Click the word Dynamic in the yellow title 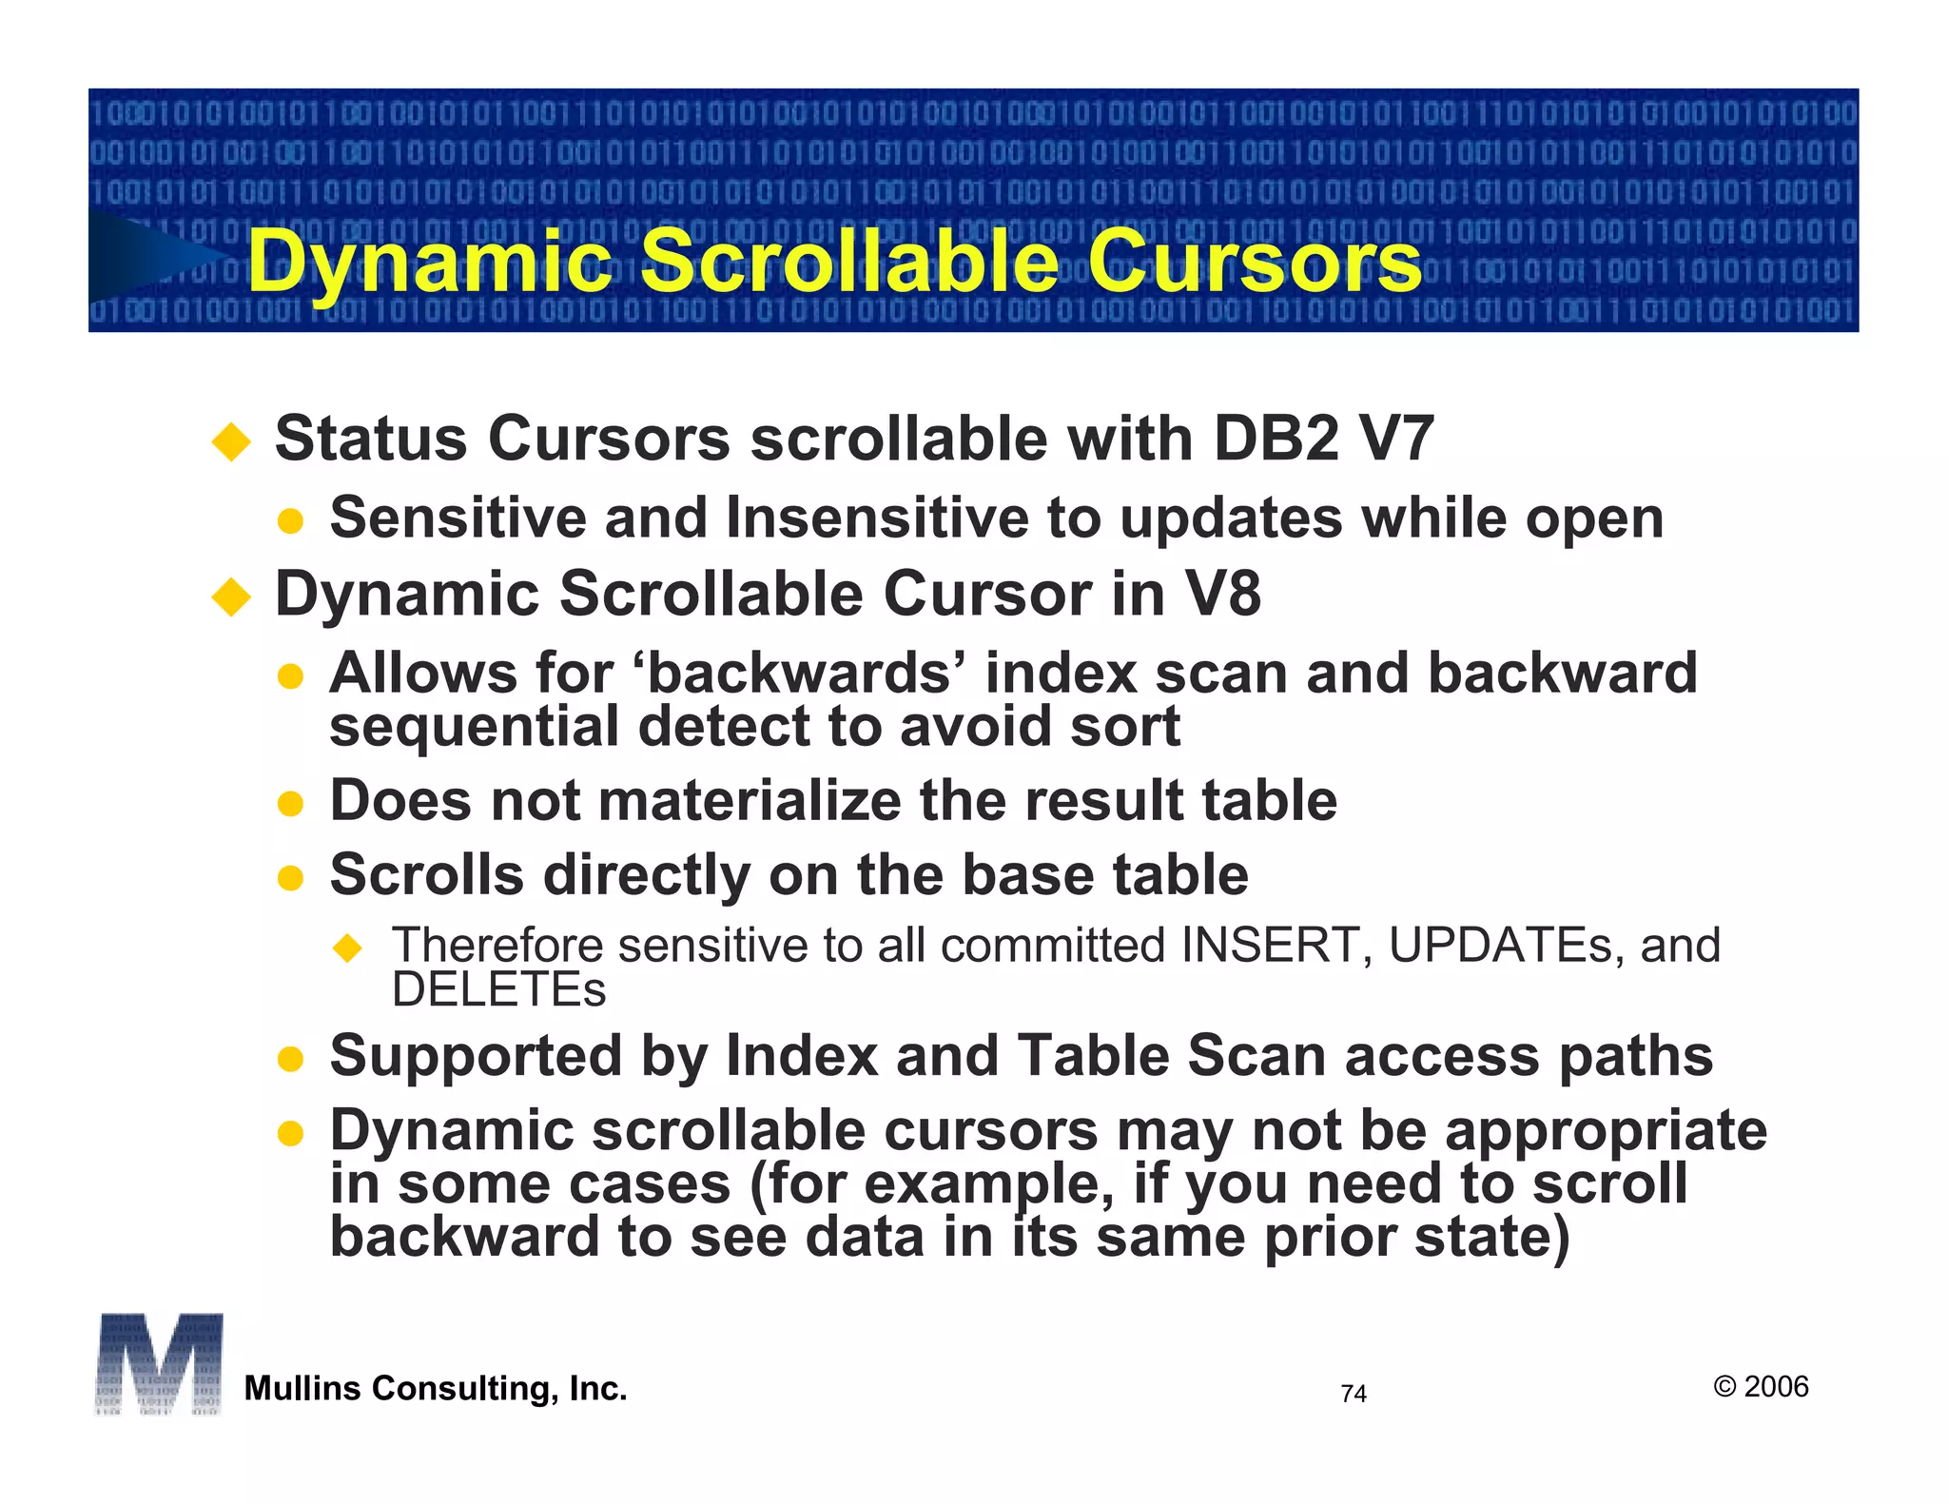430,263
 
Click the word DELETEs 498,989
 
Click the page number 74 1353,1394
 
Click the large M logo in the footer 159,1363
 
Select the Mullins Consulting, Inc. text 436,1389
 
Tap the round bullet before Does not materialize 290,804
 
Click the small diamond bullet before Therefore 348,948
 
